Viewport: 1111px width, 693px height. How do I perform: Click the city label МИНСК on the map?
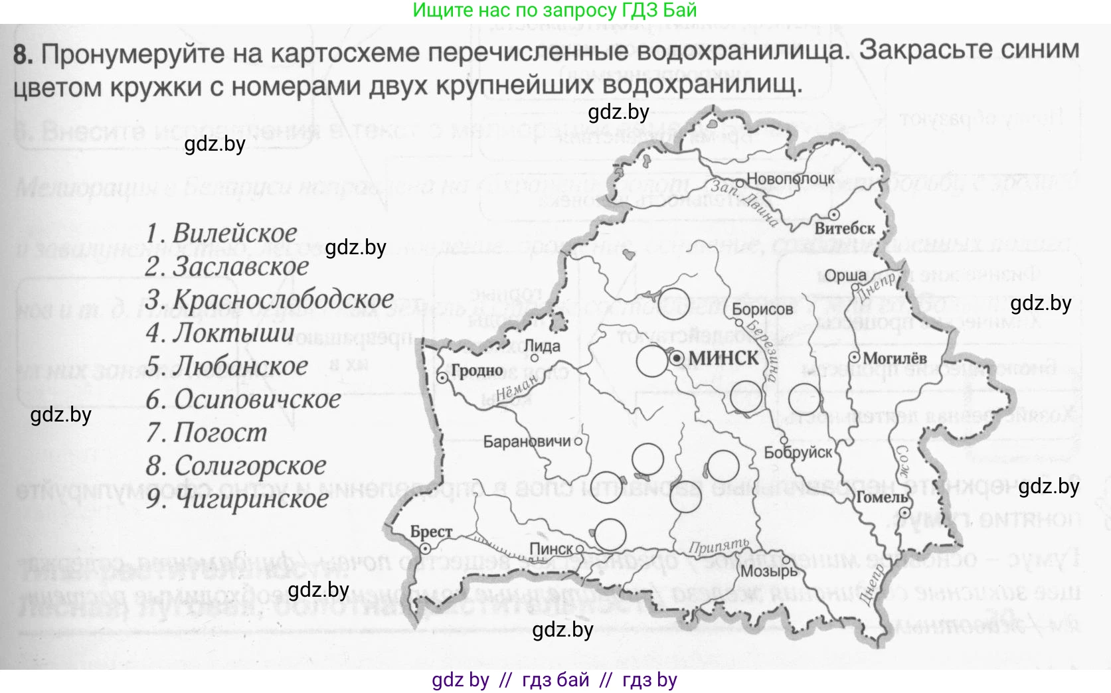click(x=723, y=358)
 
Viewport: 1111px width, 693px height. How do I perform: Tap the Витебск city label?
click(x=845, y=228)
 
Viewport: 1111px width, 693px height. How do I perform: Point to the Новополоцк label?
click(x=790, y=178)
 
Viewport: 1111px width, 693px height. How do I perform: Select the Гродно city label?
click(x=477, y=370)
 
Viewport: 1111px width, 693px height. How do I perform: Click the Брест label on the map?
click(x=431, y=532)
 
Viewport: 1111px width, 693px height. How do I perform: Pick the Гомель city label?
click(x=882, y=497)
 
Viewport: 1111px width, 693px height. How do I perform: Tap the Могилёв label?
click(x=895, y=358)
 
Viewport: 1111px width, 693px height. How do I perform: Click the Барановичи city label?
click(x=527, y=441)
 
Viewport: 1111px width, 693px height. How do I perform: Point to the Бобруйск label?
click(x=798, y=453)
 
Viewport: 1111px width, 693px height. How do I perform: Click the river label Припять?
click(x=719, y=546)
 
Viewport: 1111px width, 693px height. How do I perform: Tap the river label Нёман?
click(x=517, y=391)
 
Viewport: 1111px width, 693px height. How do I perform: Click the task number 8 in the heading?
click(x=22, y=54)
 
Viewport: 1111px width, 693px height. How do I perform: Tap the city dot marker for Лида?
click(x=535, y=358)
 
